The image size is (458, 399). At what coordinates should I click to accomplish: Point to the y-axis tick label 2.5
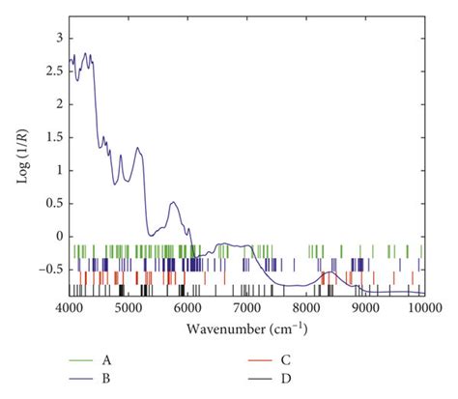(x=54, y=71)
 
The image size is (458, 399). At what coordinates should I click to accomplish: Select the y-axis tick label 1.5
(x=54, y=137)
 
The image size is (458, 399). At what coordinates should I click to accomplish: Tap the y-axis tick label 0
(x=58, y=236)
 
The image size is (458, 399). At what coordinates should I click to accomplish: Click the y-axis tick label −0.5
(x=51, y=269)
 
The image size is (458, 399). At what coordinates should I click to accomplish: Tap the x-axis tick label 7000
(x=247, y=307)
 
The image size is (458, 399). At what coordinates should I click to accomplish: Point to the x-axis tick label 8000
(x=306, y=307)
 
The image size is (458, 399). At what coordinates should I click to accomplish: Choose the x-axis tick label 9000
(x=365, y=307)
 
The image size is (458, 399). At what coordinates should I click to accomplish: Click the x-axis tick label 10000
(x=423, y=307)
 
